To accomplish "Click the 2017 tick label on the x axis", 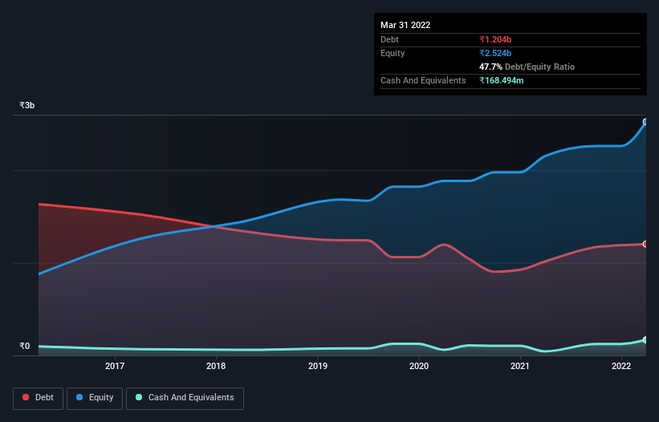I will [115, 367].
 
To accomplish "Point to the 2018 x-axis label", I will [216, 367].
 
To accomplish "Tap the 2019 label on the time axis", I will [318, 367].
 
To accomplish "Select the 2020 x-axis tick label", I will [419, 367].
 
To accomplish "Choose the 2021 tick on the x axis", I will [520, 367].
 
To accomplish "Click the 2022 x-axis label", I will [621, 367].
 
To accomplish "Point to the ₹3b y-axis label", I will [27, 106].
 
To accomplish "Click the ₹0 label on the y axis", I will [24, 347].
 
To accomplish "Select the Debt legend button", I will [38, 398].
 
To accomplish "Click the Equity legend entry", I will [95, 398].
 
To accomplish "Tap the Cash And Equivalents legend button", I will [185, 398].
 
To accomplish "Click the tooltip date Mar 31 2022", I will [405, 25].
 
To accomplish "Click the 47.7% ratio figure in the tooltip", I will [492, 67].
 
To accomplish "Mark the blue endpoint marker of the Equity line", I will [645, 122].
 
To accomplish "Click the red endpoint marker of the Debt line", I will [645, 244].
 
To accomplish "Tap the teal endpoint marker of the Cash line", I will [645, 340].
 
